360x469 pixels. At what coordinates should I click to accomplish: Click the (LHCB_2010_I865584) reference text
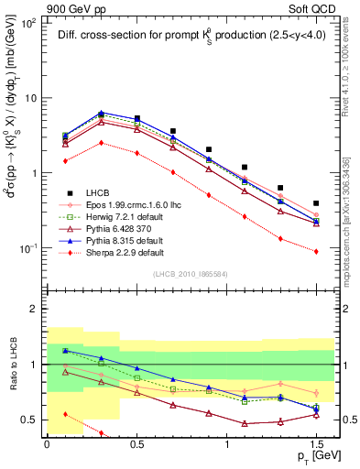(190, 274)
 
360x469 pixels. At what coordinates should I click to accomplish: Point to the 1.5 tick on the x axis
(316, 442)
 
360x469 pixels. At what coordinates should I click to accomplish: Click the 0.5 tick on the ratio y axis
(36, 420)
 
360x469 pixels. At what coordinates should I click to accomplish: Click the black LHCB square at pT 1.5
(316, 203)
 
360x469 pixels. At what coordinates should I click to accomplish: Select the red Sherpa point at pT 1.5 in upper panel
(316, 251)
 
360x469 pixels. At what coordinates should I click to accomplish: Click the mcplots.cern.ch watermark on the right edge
(352, 220)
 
